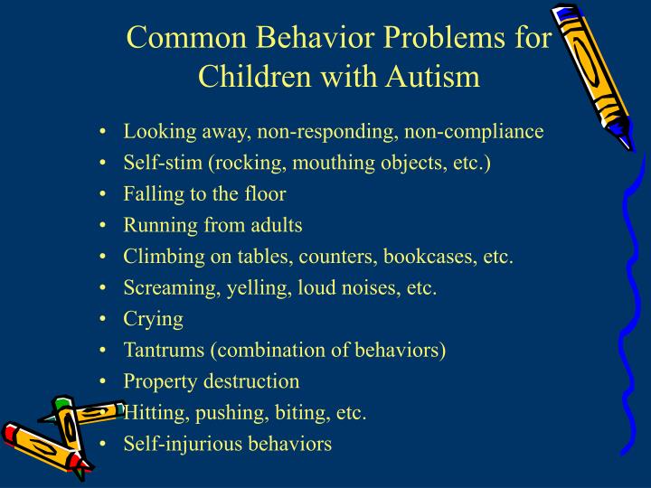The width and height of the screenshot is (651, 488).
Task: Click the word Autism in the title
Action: click(430, 76)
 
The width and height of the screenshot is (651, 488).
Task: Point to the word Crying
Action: click(154, 319)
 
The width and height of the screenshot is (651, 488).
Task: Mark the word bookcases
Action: click(430, 257)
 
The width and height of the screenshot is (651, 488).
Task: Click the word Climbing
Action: click(161, 257)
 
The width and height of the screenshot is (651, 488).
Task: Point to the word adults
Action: click(276, 225)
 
